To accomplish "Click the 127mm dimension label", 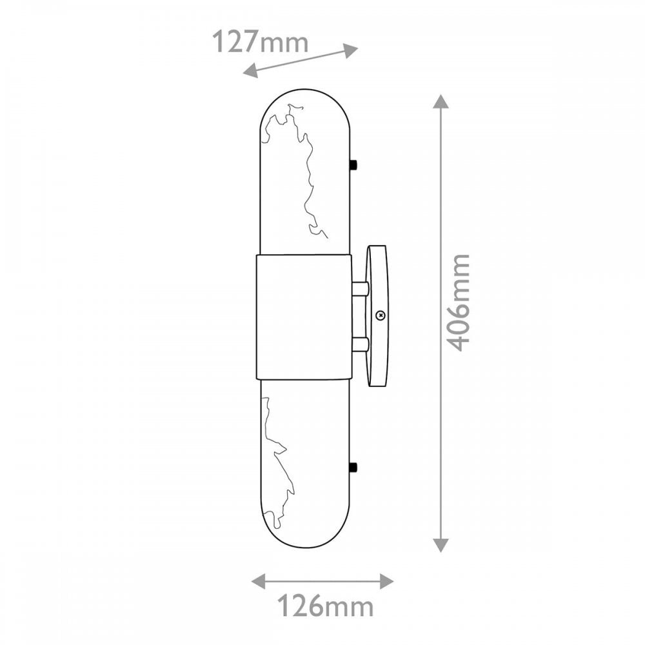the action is coord(260,42).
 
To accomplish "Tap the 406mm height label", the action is coord(458,303).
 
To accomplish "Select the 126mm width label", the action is coord(325,606).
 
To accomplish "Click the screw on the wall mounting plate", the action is coord(381,315).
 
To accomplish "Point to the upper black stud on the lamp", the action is coord(353,165).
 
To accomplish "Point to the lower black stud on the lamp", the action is coord(353,467).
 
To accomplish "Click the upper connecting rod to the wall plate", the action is coord(361,288).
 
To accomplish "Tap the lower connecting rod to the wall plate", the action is coord(361,344).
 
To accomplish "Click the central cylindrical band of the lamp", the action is coord(304,317).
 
